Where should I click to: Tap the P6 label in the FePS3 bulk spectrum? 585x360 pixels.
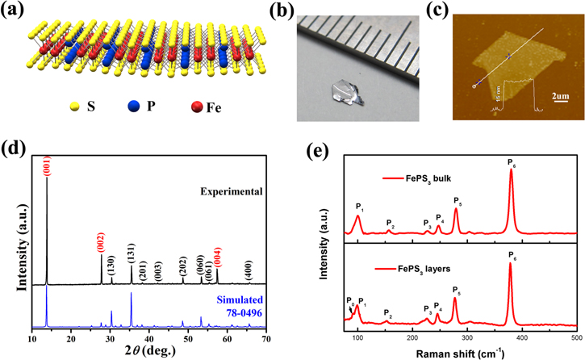click(511, 163)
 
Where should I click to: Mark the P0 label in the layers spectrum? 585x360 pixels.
click(349, 300)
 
